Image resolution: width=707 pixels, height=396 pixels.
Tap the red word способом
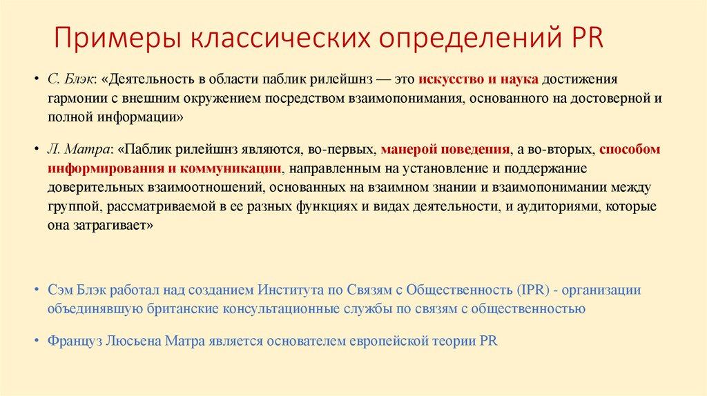(x=630, y=149)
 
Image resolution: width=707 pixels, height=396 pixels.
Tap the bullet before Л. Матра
(x=36, y=149)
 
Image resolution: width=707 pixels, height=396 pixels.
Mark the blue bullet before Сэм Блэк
(x=36, y=290)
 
